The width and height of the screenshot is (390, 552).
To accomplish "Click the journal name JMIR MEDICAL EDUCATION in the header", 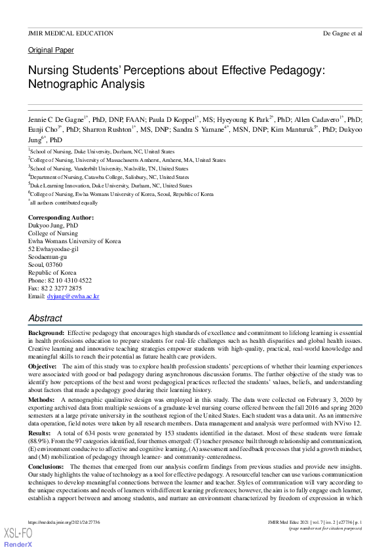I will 70,33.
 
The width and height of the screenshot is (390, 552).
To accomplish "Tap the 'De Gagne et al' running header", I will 343,33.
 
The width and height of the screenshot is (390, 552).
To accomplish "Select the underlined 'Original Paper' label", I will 51,50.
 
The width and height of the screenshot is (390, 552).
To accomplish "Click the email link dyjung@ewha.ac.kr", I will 73,296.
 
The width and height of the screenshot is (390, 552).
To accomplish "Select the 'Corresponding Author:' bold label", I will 61,217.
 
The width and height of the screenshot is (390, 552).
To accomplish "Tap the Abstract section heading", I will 45,318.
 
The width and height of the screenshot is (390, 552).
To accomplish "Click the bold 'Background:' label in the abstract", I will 46,334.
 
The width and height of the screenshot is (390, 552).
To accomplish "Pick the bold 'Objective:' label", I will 43,366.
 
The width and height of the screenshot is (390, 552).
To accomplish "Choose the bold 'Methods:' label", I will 41,399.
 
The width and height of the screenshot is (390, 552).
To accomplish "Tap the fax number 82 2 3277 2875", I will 61,288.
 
